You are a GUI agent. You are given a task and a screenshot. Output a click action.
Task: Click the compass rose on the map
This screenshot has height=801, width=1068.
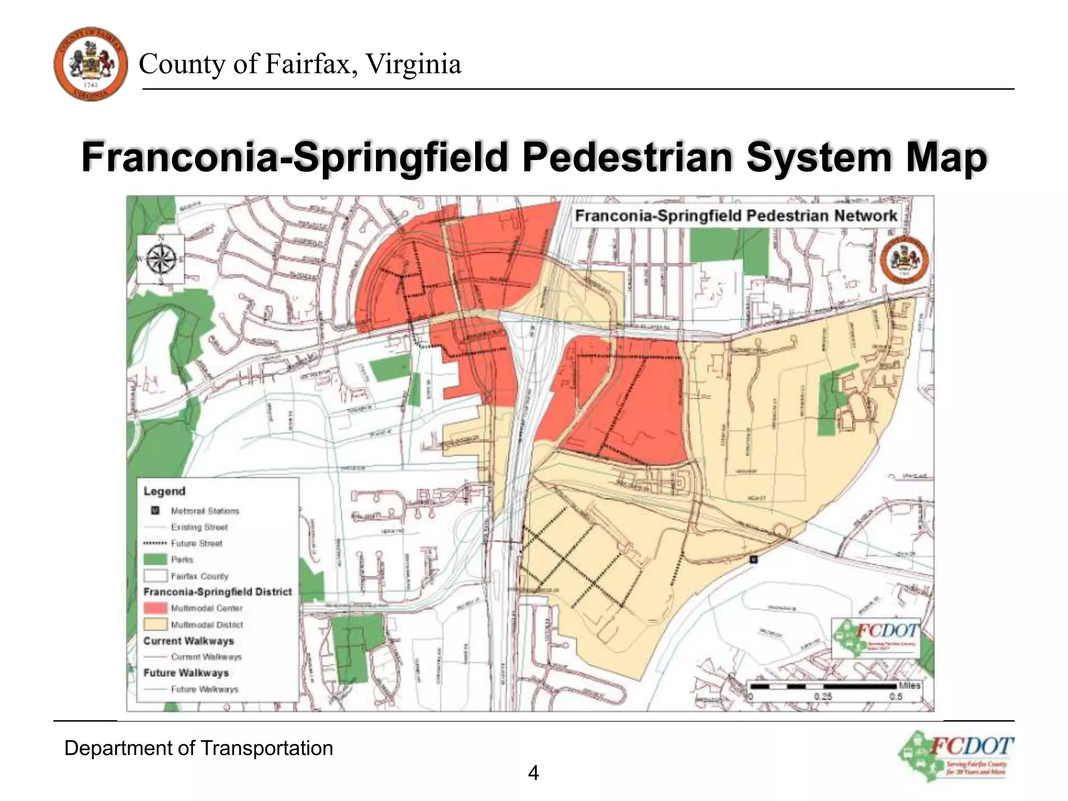coord(161,259)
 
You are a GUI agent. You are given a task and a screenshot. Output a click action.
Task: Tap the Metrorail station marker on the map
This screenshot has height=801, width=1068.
coord(753,560)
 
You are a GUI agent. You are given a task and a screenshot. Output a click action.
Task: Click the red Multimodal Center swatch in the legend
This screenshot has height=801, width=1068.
coord(155,608)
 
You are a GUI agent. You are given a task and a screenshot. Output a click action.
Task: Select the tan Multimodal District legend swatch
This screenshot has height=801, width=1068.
coord(155,624)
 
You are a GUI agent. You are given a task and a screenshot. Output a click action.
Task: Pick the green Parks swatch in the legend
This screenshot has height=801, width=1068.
coord(155,560)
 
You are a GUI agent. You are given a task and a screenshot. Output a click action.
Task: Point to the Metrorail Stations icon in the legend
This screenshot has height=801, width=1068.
coord(155,511)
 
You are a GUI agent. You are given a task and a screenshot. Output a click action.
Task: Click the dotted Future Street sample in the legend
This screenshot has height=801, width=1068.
coord(155,543)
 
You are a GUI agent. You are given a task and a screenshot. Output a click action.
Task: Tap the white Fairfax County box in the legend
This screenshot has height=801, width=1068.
coord(155,576)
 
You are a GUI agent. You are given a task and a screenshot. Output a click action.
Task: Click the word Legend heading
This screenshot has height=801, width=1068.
coord(164,491)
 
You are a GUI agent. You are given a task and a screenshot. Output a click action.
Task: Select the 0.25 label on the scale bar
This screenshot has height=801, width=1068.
coord(823,697)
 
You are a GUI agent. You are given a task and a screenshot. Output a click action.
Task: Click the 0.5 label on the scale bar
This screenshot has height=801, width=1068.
coord(896,697)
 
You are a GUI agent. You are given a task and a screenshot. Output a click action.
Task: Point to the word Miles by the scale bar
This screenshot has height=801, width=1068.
coord(909,685)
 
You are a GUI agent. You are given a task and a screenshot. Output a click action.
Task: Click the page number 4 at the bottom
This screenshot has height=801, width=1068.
coord(533,772)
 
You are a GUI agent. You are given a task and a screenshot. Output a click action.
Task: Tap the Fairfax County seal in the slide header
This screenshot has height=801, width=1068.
coord(91,64)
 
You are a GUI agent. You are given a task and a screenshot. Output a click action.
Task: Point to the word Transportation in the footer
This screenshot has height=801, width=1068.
coord(266,748)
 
